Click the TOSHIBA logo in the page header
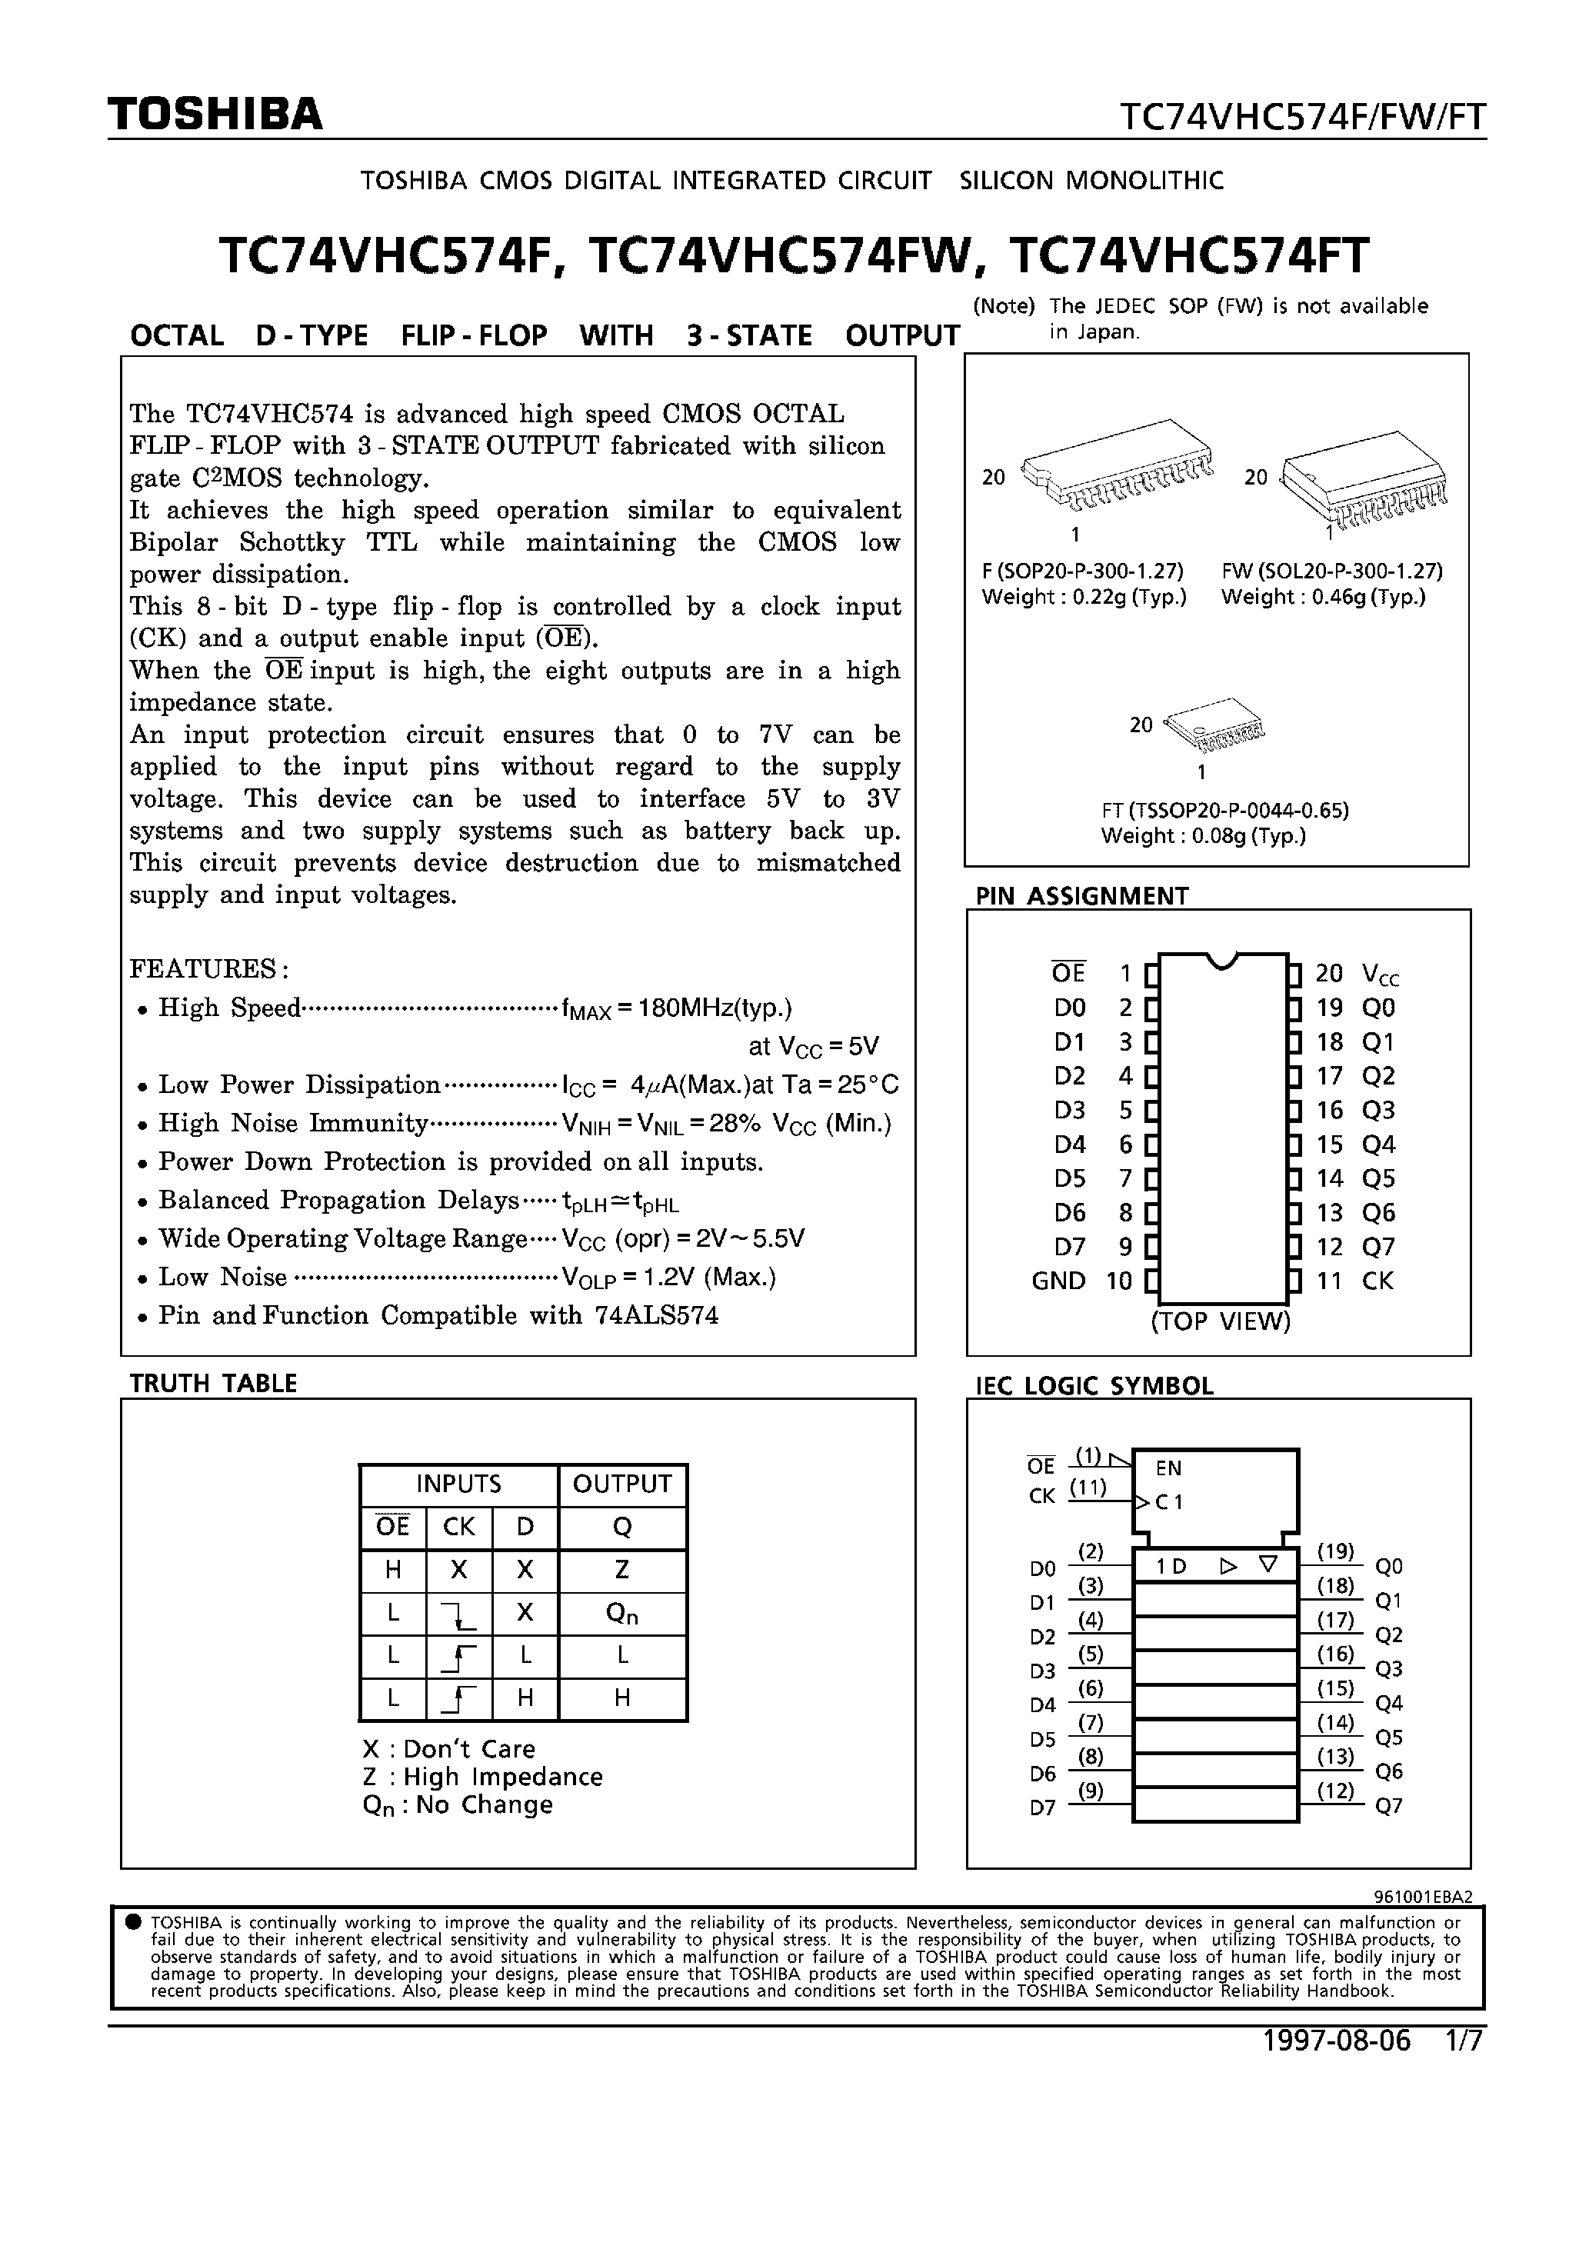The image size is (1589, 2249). pyautogui.click(x=215, y=115)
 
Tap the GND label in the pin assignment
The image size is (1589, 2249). pyautogui.click(x=1058, y=1281)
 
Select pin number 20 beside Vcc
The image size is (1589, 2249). pyautogui.click(x=1328, y=974)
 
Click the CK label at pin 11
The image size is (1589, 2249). pyautogui.click(x=1377, y=1281)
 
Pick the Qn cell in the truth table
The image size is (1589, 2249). pyautogui.click(x=621, y=1613)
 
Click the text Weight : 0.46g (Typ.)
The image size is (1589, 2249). pyautogui.click(x=1323, y=598)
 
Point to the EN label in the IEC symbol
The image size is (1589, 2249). pyautogui.click(x=1169, y=1468)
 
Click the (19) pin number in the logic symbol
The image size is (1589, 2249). pyautogui.click(x=1334, y=1551)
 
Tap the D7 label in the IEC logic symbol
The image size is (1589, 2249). pyautogui.click(x=1042, y=1808)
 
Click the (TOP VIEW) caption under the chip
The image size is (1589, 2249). pyautogui.click(x=1220, y=1321)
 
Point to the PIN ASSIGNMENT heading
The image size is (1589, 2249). pyautogui.click(x=1081, y=896)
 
